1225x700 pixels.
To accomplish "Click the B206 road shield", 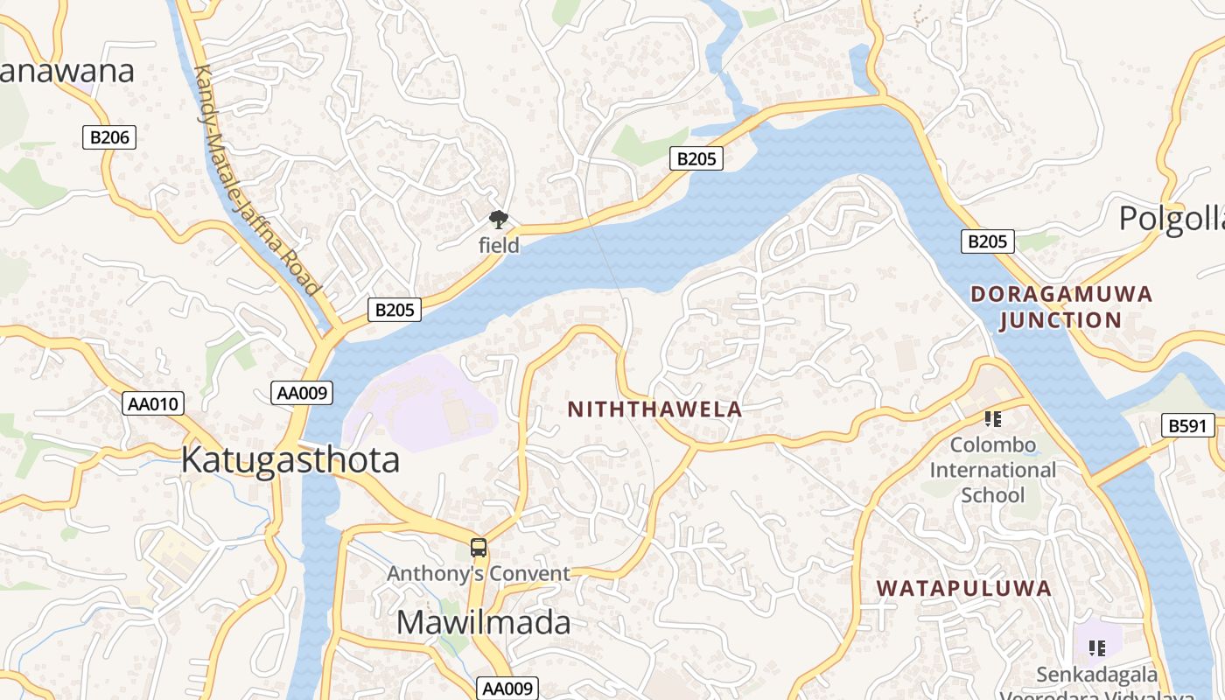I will (x=109, y=136).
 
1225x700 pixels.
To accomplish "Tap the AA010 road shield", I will (x=153, y=403).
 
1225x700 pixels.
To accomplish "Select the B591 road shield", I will (x=1188, y=426).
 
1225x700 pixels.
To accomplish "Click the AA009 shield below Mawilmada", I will (x=507, y=688).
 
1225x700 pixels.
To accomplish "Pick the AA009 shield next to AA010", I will (x=303, y=393).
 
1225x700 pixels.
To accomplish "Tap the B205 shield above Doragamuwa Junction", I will (x=988, y=241).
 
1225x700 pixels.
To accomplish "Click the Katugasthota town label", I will (x=290, y=460).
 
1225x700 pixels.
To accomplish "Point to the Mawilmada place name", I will (x=483, y=622).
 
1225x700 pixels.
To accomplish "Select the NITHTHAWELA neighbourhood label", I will (x=654, y=409).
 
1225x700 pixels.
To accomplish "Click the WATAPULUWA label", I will (x=964, y=588).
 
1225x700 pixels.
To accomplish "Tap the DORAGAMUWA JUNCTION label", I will (x=1061, y=307).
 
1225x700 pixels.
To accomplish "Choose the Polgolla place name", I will (x=1172, y=218).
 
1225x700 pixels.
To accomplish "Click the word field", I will (x=499, y=246).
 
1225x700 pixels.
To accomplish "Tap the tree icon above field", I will (x=498, y=220).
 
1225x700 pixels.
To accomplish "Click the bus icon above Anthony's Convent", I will (x=478, y=549).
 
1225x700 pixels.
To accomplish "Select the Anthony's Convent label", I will (x=479, y=574).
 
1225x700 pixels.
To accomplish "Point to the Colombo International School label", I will (x=992, y=470).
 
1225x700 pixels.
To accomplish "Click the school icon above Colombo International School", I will (x=992, y=419).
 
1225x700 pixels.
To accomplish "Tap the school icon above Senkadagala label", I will (x=1096, y=648).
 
